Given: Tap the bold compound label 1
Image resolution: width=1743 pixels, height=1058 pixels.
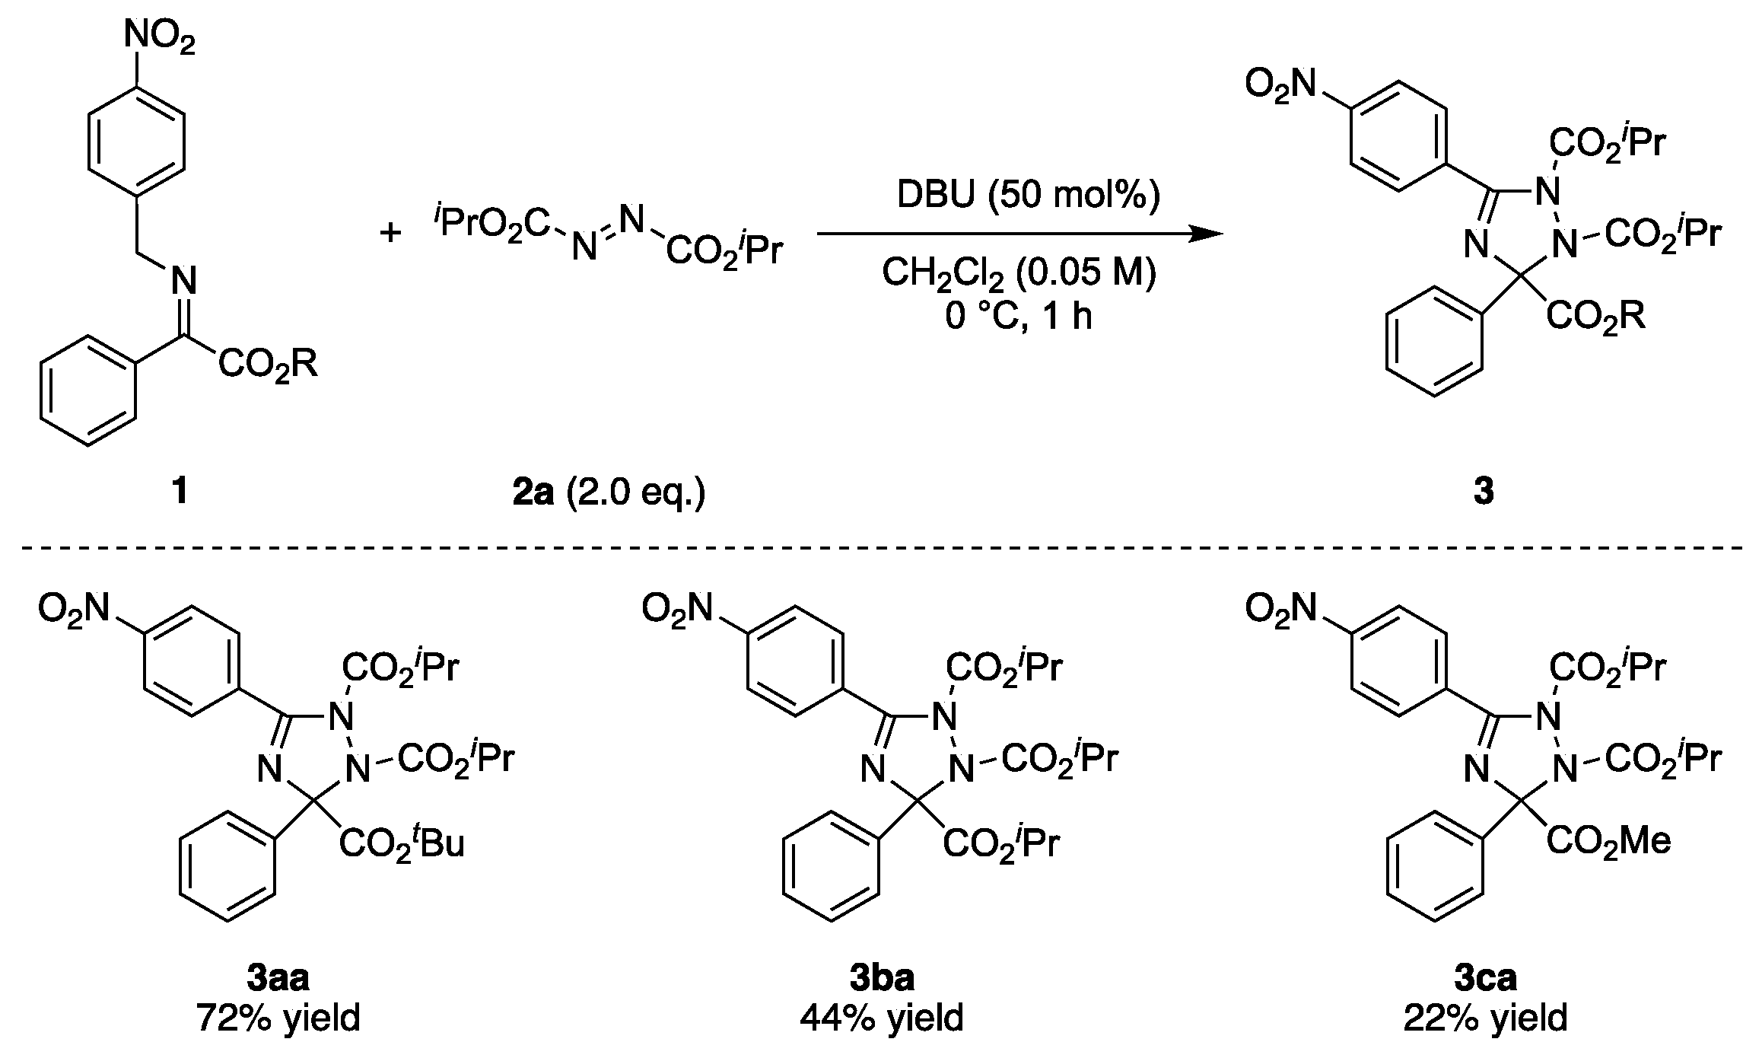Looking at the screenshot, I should tap(180, 492).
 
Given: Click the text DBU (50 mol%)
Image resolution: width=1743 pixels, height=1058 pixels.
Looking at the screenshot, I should tap(1029, 196).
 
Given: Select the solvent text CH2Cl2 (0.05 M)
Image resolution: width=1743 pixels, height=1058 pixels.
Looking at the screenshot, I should tap(1019, 274).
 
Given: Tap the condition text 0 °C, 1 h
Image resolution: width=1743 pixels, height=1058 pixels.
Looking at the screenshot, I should tap(1019, 314).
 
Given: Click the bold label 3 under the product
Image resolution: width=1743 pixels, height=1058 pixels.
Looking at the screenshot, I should tap(1484, 492).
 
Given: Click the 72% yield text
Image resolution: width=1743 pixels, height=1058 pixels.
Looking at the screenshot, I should tap(278, 1018).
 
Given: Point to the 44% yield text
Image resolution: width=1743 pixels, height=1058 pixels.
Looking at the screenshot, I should tap(881, 1018).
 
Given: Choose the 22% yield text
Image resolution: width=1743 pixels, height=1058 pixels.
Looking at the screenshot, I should tap(1485, 1018).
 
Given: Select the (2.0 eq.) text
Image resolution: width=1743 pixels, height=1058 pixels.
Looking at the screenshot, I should tap(636, 492).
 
